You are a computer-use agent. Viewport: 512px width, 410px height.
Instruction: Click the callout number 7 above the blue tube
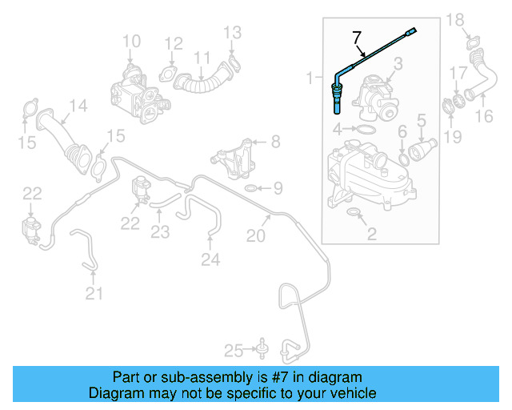(x=357, y=36)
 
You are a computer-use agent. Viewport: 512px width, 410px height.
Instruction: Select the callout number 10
(x=131, y=41)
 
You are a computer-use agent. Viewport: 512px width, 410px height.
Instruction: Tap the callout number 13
(x=232, y=32)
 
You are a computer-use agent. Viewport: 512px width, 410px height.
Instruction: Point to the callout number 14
(x=77, y=105)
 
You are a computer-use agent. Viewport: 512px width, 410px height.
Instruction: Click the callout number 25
(x=233, y=349)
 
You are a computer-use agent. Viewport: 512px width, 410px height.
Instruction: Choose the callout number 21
(x=94, y=294)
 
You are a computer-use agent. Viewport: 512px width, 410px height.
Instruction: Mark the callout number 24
(x=210, y=259)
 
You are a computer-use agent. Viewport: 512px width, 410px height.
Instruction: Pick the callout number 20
(x=255, y=235)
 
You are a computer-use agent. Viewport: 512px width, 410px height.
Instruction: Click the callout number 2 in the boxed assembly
(x=370, y=234)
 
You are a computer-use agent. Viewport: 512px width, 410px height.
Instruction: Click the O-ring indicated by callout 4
(x=364, y=129)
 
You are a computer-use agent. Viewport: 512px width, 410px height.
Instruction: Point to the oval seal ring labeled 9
(x=250, y=188)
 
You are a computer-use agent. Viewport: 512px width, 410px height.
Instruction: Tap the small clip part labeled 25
(x=260, y=348)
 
